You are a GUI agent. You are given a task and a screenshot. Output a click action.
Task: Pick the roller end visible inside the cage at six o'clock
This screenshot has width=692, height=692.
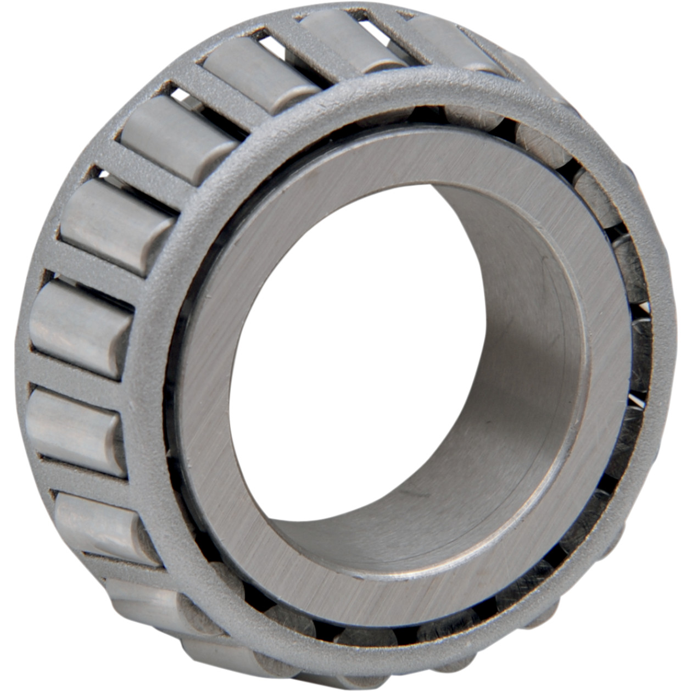click(362, 637)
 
